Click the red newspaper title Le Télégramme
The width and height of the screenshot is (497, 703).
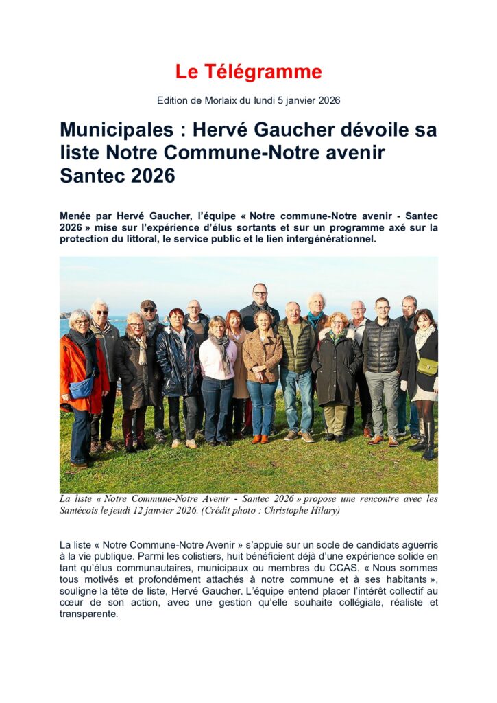coord(248,72)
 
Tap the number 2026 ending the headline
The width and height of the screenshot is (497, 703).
coord(152,176)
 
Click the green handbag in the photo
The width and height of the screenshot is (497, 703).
coord(427,367)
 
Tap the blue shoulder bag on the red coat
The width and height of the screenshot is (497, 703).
coord(82,388)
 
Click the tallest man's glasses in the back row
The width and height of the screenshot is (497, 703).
coord(260,294)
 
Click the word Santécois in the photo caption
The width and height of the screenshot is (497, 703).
coord(85,510)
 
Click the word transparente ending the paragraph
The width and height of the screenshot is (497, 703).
coord(88,614)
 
